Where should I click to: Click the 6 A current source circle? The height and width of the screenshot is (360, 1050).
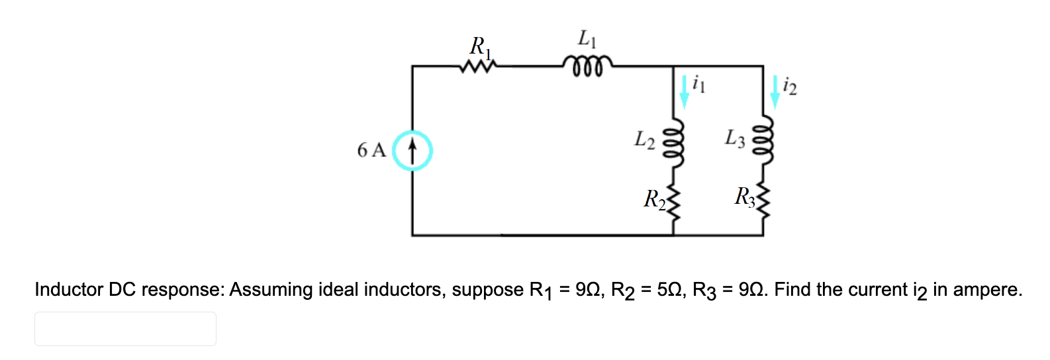412,151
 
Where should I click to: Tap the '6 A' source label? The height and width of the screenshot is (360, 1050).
371,151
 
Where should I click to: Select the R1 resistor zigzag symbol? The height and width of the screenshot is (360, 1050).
479,66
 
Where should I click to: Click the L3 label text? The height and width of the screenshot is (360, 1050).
735,139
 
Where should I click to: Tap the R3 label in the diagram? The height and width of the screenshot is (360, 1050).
744,197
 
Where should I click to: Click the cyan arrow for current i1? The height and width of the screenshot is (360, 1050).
684,91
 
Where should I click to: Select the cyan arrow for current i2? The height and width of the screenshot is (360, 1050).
775,91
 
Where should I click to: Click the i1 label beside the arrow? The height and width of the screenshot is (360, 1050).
698,84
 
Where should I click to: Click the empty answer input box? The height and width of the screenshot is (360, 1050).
125,329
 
